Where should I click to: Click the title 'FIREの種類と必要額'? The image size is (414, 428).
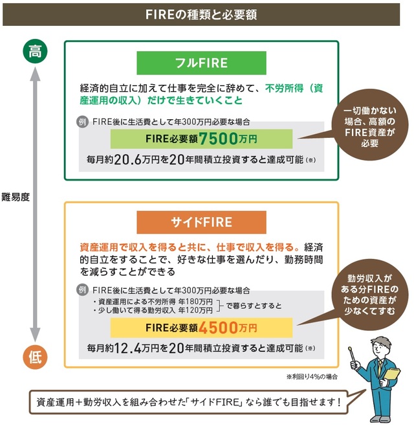coord(207,14)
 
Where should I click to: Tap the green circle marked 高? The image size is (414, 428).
coord(36,52)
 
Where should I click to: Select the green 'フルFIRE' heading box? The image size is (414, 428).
coord(201,63)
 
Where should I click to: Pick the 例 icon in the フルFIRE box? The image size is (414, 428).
coord(82,121)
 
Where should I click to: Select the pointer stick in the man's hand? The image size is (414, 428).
coord(352,352)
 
